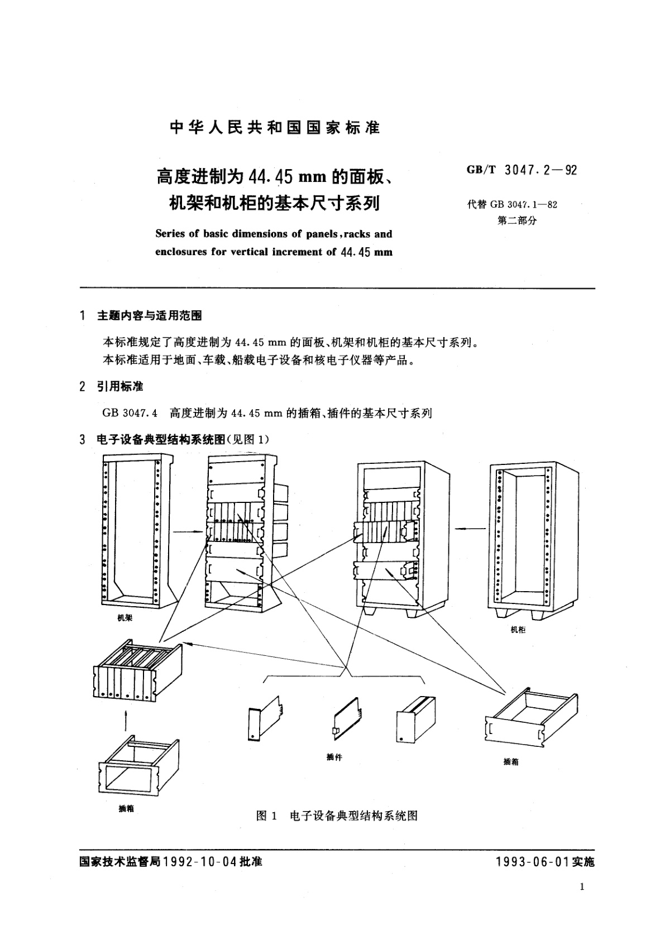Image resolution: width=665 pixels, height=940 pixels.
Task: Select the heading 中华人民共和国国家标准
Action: pos(274,128)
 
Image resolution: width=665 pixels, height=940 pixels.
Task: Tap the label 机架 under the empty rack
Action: pos(125,618)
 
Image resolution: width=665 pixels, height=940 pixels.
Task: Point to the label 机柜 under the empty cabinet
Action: pos(518,630)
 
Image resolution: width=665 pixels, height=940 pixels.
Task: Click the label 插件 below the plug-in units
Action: pos(334,757)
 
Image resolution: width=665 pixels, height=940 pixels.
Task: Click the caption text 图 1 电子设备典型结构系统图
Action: pos(337,816)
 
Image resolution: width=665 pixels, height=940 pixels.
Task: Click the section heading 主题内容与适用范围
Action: pos(149,316)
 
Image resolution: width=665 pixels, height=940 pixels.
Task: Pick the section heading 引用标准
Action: pos(119,386)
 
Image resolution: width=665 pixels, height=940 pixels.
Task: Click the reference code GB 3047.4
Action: pos(130,414)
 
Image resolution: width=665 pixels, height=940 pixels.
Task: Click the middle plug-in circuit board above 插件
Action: pos(347,714)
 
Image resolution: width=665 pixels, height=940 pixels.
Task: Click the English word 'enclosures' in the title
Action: pos(180,252)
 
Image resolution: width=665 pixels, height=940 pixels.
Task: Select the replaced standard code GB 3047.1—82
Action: pos(524,204)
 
